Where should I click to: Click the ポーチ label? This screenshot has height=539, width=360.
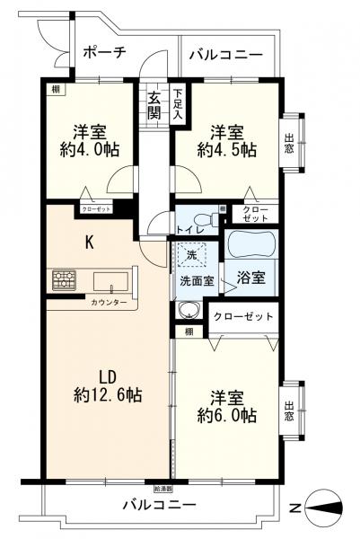(104, 52)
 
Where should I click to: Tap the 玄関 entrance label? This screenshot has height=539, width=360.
(154, 106)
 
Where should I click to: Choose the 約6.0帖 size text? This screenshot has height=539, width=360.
(229, 416)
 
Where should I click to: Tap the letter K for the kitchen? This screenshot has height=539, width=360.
(89, 241)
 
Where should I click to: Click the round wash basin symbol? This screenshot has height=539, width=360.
(189, 312)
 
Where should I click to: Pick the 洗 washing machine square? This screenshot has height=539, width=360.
(189, 255)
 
